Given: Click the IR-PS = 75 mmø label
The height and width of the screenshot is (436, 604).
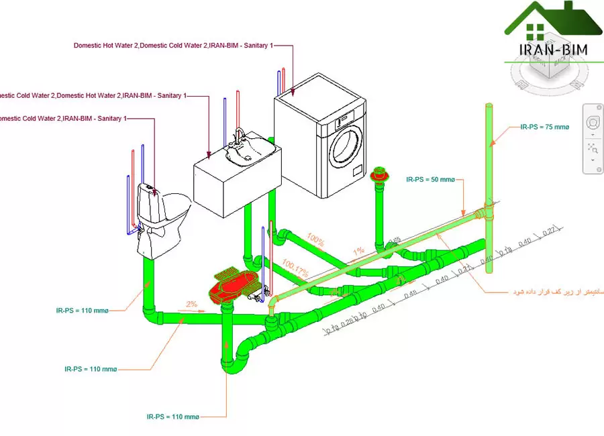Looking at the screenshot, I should (x=544, y=126).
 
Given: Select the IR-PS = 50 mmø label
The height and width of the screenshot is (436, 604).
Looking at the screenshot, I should (x=430, y=180).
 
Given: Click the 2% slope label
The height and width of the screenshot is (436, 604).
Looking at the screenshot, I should (x=192, y=304).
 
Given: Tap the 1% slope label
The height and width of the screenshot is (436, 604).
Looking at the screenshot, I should (x=360, y=250).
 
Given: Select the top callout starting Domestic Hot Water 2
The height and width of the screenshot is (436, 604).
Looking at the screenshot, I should (x=174, y=46).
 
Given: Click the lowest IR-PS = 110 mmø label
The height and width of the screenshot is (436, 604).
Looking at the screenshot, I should (x=172, y=417).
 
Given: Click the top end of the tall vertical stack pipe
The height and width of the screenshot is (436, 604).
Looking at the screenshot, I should (x=489, y=107).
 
